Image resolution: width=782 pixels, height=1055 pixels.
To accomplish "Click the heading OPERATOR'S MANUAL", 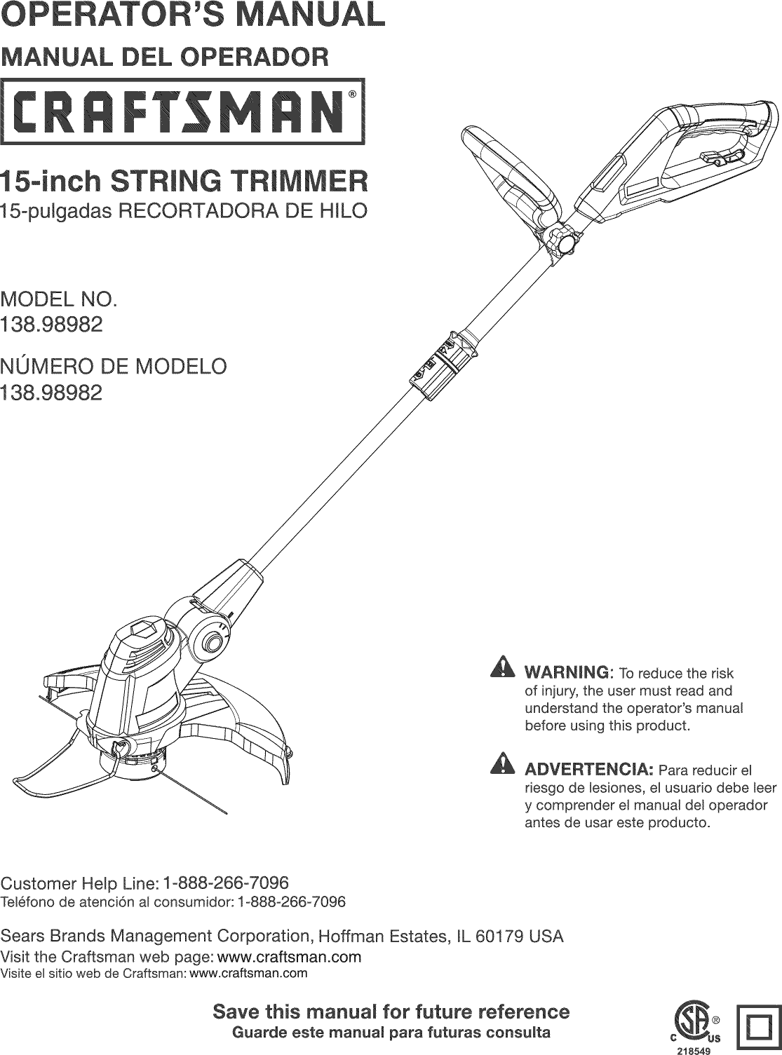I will pos(193,15).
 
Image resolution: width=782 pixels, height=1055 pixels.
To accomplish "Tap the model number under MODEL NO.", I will pos(52,325).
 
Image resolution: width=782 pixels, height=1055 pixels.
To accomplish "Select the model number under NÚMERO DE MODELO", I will pos(52,393).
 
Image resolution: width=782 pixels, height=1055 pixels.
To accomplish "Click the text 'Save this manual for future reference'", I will pos(391,1012).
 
